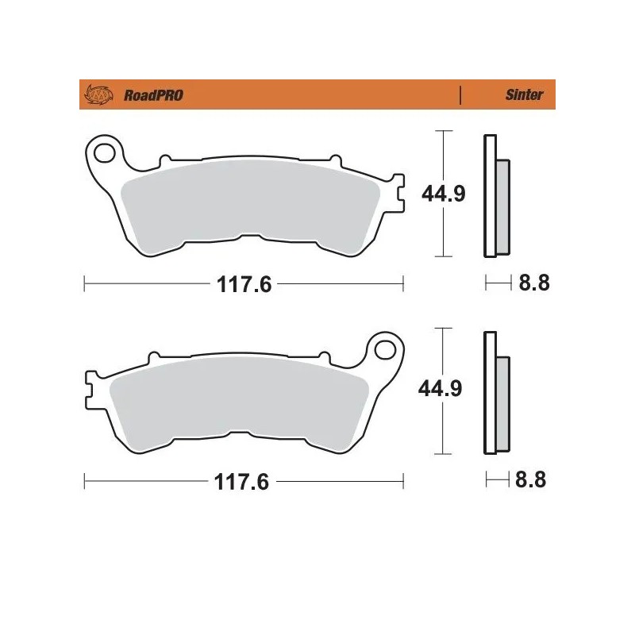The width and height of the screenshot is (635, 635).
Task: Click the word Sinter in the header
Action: [x=525, y=95]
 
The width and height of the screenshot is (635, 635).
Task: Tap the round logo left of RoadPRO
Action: [x=97, y=95]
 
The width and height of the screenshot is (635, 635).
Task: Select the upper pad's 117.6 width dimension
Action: [x=244, y=284]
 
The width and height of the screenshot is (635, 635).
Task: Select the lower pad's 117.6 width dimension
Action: [x=244, y=482]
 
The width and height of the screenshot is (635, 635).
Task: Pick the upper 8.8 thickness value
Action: [x=533, y=283]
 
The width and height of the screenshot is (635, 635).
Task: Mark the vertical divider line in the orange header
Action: [x=460, y=95]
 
